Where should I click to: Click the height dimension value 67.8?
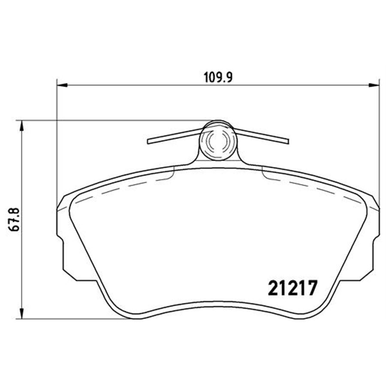pos(13,220)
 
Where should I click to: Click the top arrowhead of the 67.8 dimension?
pos(19,125)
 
